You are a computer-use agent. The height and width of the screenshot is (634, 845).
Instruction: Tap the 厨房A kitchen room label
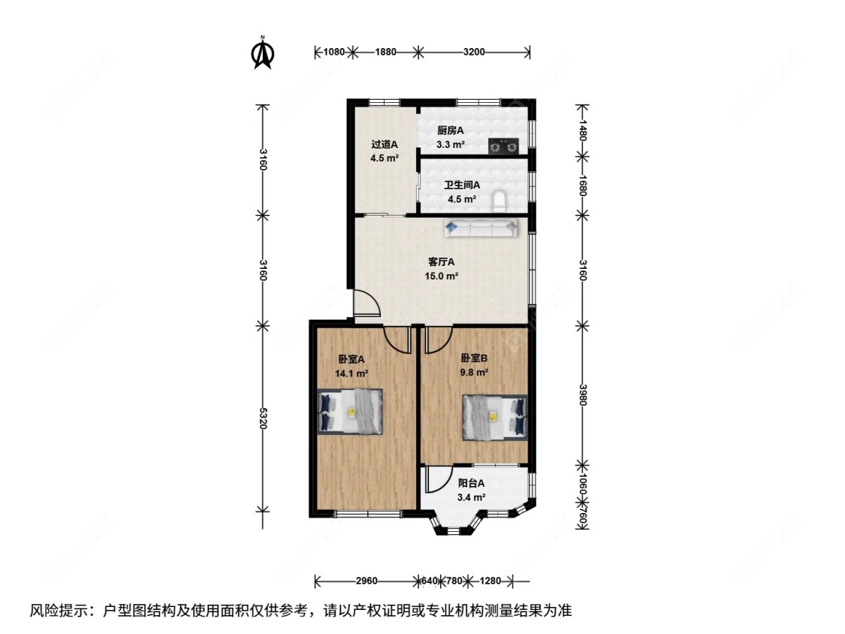pyautogui.click(x=451, y=130)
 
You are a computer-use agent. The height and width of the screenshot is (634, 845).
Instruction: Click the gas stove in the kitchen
pyautogui.click(x=503, y=146)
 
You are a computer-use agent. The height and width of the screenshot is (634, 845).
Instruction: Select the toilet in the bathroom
pyautogui.click(x=499, y=200)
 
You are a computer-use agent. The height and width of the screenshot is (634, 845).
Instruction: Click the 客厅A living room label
pyautogui.click(x=442, y=262)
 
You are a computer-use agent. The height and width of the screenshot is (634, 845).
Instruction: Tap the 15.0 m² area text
pyautogui.click(x=442, y=276)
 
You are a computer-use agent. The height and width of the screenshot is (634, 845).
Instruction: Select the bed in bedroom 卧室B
pyautogui.click(x=493, y=416)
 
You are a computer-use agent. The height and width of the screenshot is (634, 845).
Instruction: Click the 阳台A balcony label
pyautogui.click(x=471, y=484)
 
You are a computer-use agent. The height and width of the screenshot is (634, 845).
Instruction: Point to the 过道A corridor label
pyautogui.click(x=384, y=144)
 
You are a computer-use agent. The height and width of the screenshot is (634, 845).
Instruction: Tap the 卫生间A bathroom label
pyautogui.click(x=462, y=185)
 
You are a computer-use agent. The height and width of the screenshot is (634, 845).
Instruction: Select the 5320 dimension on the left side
pyautogui.click(x=262, y=418)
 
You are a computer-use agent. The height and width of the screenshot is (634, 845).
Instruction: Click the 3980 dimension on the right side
pyautogui.click(x=583, y=394)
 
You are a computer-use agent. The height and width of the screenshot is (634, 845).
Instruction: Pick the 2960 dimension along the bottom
pyautogui.click(x=367, y=581)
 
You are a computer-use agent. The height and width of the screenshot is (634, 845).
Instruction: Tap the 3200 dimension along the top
pyautogui.click(x=474, y=52)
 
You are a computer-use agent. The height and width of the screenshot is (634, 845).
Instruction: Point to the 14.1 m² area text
pyautogui.click(x=352, y=373)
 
